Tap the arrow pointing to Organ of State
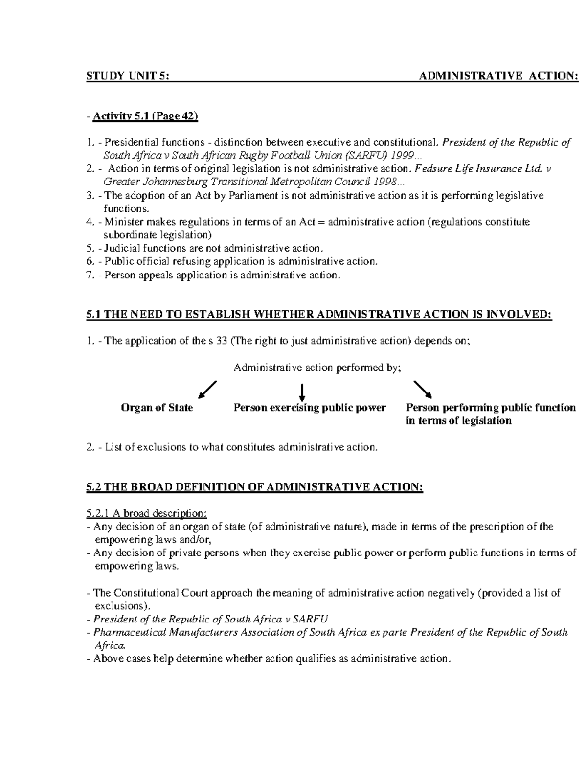tap(206, 390)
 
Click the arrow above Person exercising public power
tap(302, 392)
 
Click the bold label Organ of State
tap(157, 408)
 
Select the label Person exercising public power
tap(310, 408)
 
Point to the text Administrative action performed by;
tap(317, 368)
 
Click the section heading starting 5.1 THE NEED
tap(318, 315)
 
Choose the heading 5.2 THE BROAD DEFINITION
tap(254, 487)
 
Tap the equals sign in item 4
tap(321, 222)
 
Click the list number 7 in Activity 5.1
tap(89, 275)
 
